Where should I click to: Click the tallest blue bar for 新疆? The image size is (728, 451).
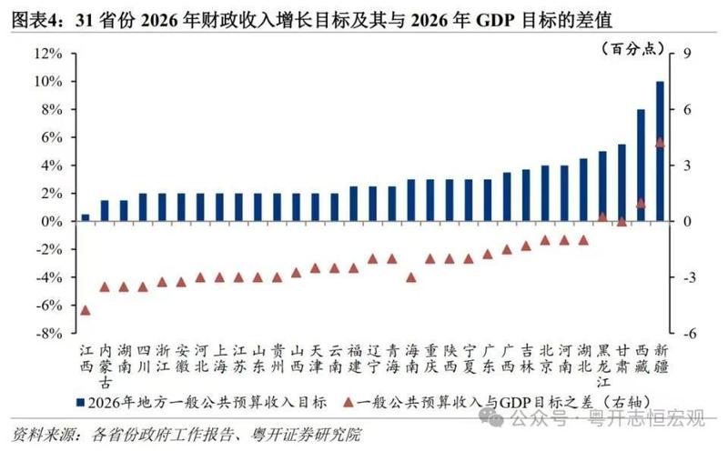[660, 151]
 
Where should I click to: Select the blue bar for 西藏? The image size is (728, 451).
[641, 165]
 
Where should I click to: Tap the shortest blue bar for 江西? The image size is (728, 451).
[86, 218]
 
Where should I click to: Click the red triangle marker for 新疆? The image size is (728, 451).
[660, 143]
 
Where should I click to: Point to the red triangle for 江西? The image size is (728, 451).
[86, 310]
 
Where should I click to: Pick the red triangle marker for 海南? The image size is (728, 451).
[410, 277]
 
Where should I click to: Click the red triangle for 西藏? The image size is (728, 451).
[641, 203]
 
